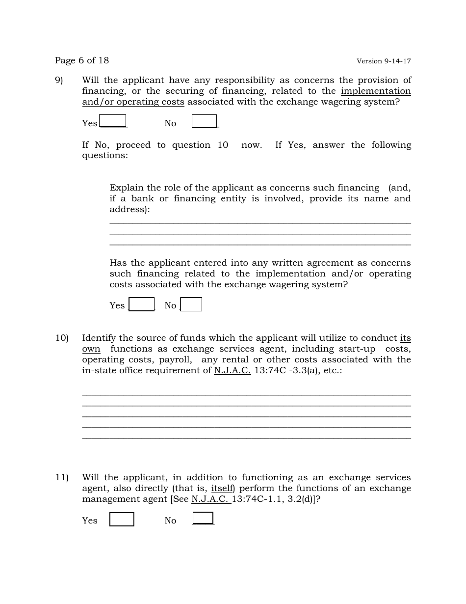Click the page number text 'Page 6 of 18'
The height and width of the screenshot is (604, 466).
coord(82,60)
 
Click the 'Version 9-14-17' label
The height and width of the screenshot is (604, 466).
coord(384,61)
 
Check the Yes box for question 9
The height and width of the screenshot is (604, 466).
coord(113,121)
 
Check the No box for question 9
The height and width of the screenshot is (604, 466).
coord(204,121)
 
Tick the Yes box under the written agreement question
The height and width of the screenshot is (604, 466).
coord(142,304)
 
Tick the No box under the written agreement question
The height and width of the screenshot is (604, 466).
coord(191,304)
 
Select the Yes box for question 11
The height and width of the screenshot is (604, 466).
coord(122,520)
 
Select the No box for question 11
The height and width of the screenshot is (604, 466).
coord(203,518)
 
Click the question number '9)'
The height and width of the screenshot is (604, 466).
coord(59,80)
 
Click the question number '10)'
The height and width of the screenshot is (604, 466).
coord(61,338)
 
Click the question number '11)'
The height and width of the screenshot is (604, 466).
coord(61,477)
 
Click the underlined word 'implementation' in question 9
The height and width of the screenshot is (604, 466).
coord(376,91)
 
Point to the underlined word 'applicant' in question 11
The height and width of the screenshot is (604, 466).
coord(144,477)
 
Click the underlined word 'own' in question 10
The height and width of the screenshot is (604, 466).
coord(91,349)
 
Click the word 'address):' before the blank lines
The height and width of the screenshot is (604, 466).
coord(129,209)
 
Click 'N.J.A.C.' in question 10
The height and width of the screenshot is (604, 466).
coord(232,370)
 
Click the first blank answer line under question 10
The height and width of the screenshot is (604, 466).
coord(246,394)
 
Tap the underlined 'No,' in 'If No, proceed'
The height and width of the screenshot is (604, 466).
coord(101,145)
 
